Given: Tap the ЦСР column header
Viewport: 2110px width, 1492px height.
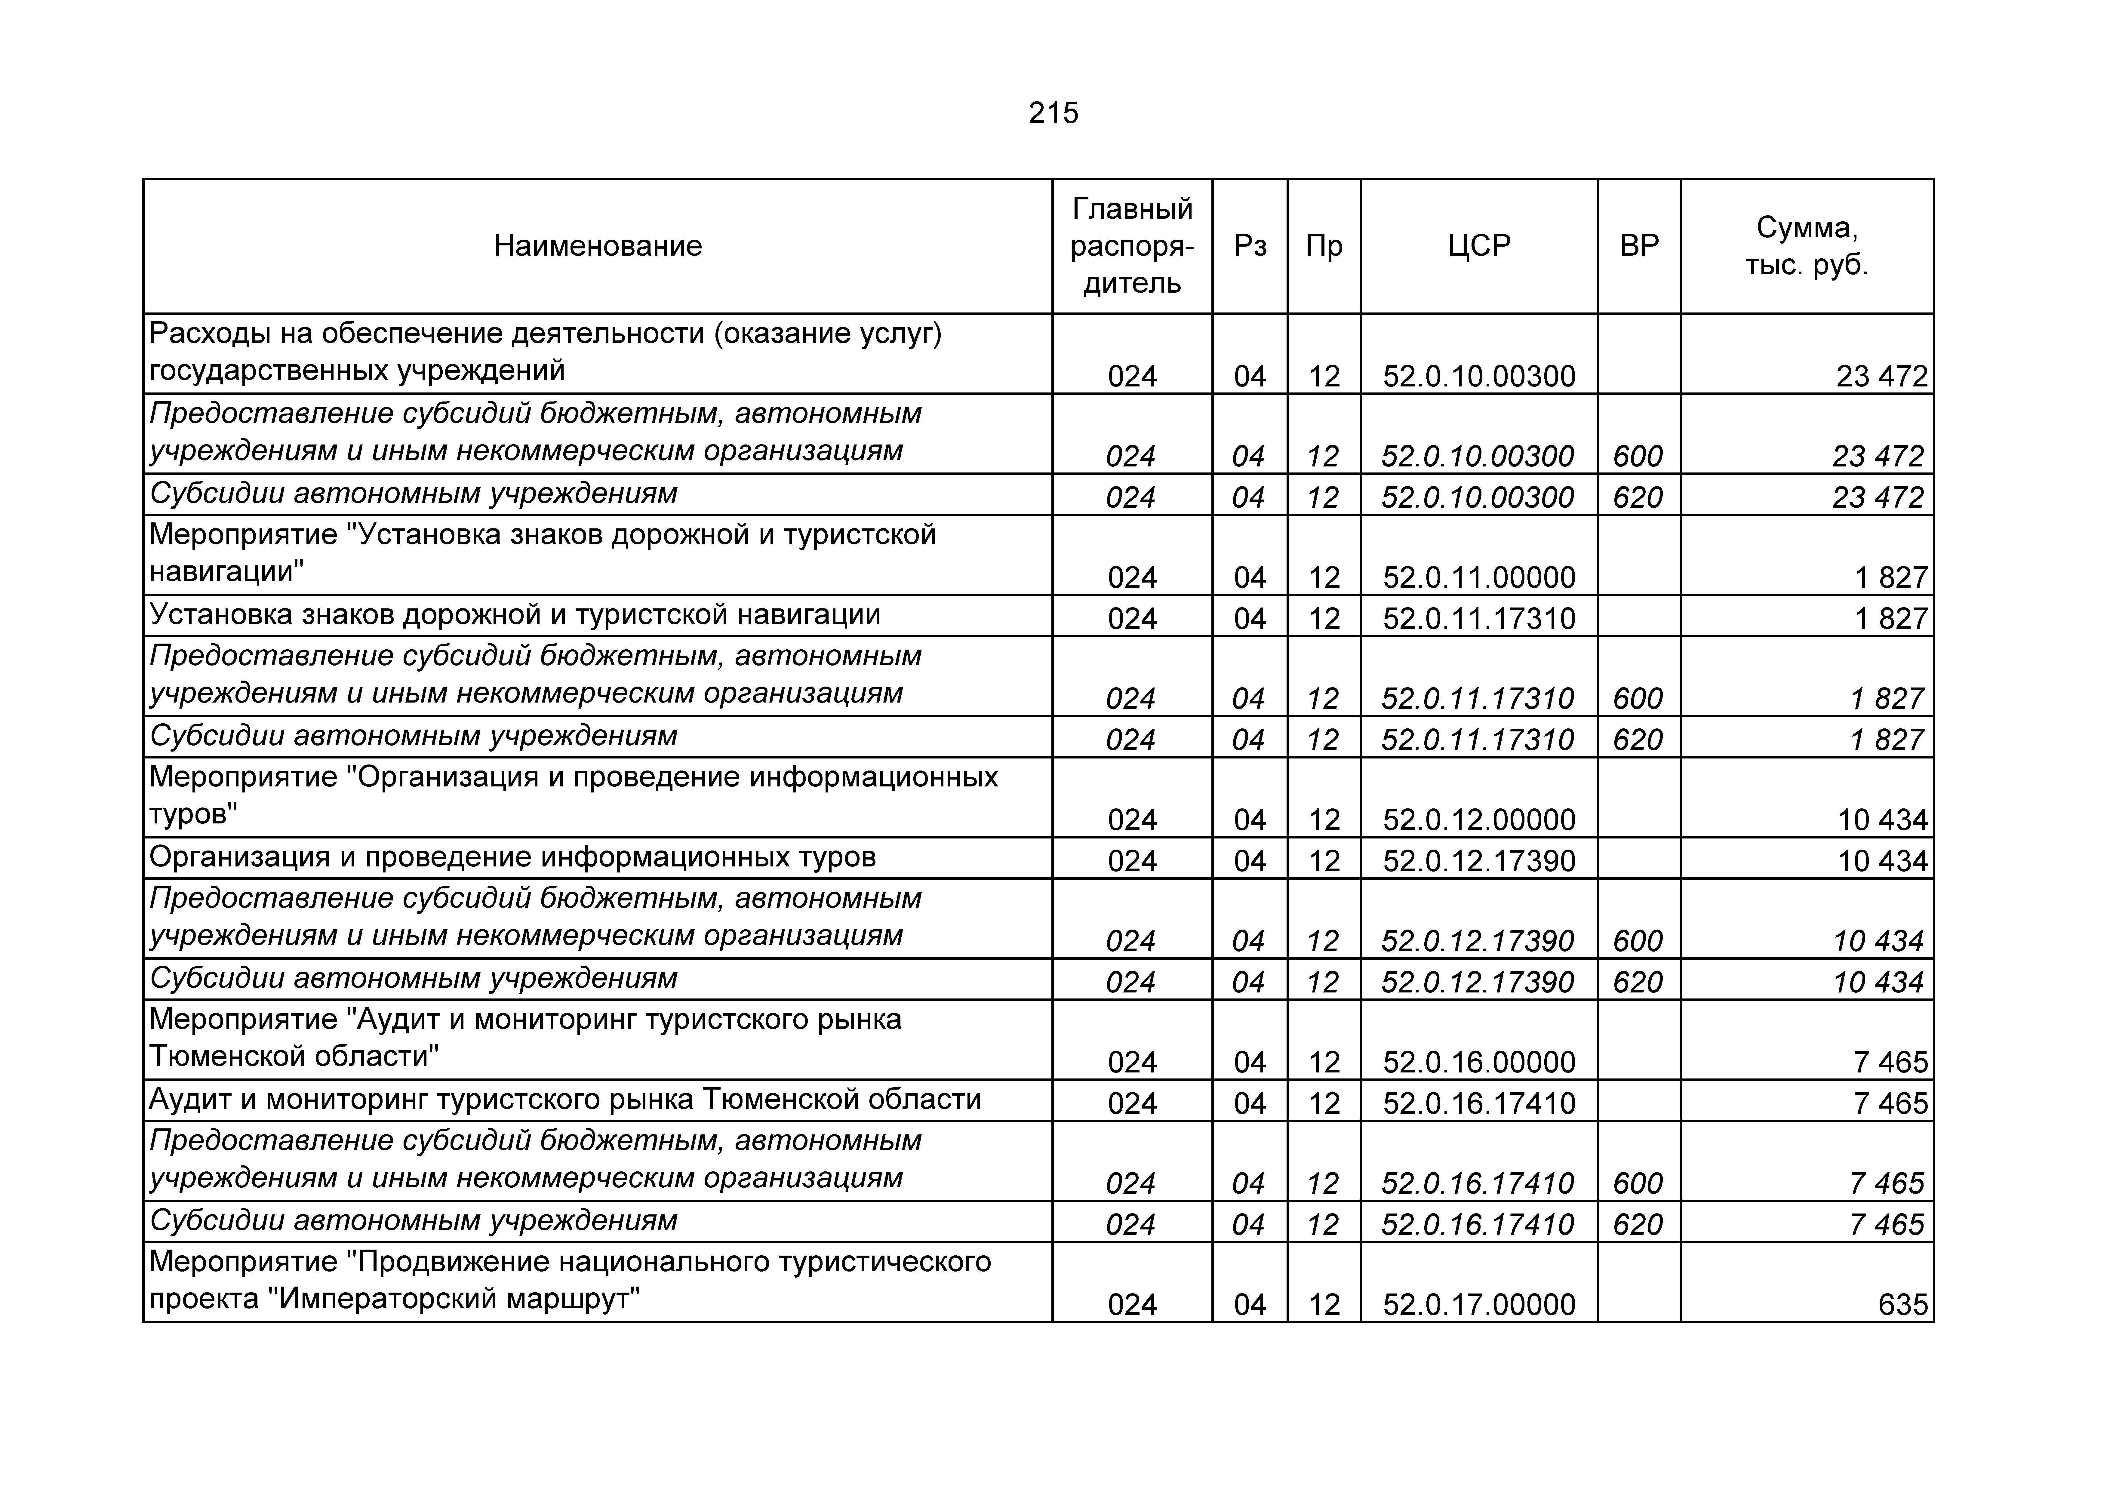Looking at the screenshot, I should (x=1479, y=245).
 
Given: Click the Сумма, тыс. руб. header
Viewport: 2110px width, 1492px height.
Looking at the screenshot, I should (x=1807, y=245).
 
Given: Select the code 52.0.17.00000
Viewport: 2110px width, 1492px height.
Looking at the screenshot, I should (x=1479, y=1304).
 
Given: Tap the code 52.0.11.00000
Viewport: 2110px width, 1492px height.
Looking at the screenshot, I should (x=1479, y=577).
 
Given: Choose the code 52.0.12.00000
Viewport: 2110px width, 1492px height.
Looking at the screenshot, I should (x=1479, y=819).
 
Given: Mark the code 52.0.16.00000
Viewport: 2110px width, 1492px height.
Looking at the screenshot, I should (x=1479, y=1062).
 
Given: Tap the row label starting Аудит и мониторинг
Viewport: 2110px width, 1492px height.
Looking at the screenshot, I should (x=565, y=1100).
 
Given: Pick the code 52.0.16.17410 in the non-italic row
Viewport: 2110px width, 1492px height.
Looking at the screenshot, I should (x=1479, y=1102).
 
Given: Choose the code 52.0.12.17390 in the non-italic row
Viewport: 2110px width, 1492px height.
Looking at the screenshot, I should (x=1479, y=860).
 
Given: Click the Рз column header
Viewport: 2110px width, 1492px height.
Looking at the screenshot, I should (x=1250, y=245).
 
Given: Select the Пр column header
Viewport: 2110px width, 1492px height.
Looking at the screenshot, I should (x=1323, y=245).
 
